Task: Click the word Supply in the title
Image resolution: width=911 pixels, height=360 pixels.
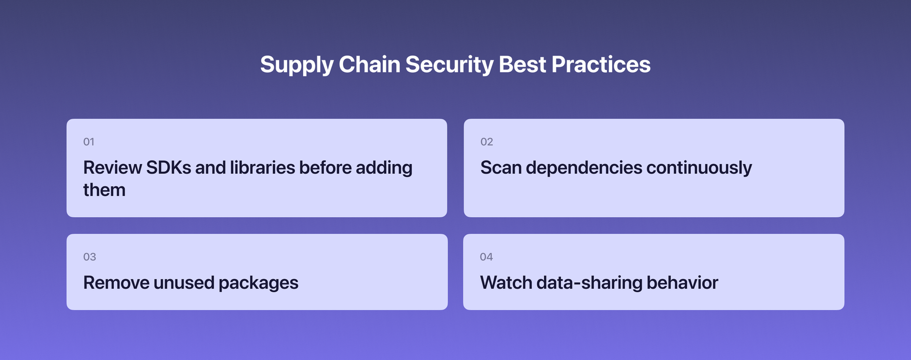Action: coord(296,65)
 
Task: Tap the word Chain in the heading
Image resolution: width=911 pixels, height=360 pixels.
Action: coord(369,65)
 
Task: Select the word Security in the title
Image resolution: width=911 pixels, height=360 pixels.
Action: coord(449,65)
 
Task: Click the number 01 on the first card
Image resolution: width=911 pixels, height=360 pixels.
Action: coord(89,142)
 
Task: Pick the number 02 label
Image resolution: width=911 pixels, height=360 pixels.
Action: coord(486,142)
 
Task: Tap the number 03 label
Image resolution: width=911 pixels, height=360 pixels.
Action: coord(89,257)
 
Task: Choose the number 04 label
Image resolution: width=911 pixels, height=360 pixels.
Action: coord(486,257)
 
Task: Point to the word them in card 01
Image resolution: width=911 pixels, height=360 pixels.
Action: coord(104,190)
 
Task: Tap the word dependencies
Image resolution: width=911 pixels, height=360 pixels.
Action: coord(584,168)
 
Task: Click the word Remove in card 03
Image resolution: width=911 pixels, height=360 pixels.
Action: coord(116,283)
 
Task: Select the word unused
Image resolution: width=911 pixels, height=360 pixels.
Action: coord(184,283)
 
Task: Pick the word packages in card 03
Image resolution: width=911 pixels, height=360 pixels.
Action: coord(259,284)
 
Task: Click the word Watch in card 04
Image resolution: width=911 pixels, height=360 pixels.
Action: coord(506,283)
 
